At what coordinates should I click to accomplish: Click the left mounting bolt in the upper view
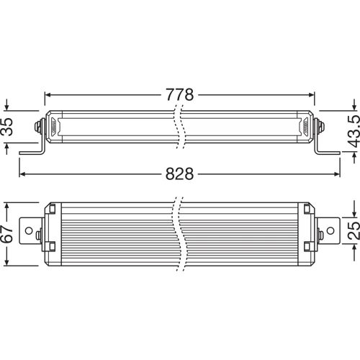[x=37, y=127]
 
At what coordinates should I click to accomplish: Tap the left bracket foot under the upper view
[x=32, y=152]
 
